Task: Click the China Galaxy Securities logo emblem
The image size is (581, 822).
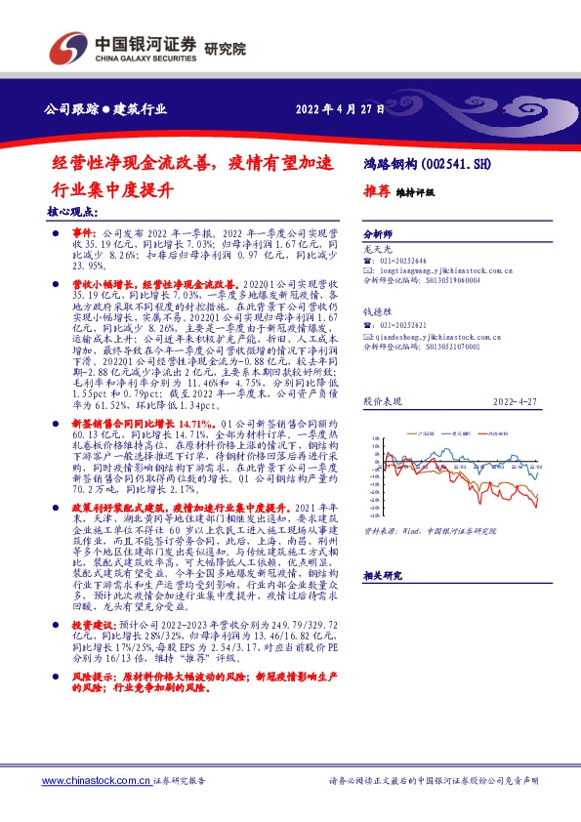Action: click(x=70, y=46)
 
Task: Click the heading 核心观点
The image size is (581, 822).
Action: click(x=71, y=210)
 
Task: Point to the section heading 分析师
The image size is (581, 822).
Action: click(x=377, y=235)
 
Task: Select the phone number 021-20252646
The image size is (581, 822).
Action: click(x=406, y=262)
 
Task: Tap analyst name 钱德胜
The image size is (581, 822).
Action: click(x=377, y=311)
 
